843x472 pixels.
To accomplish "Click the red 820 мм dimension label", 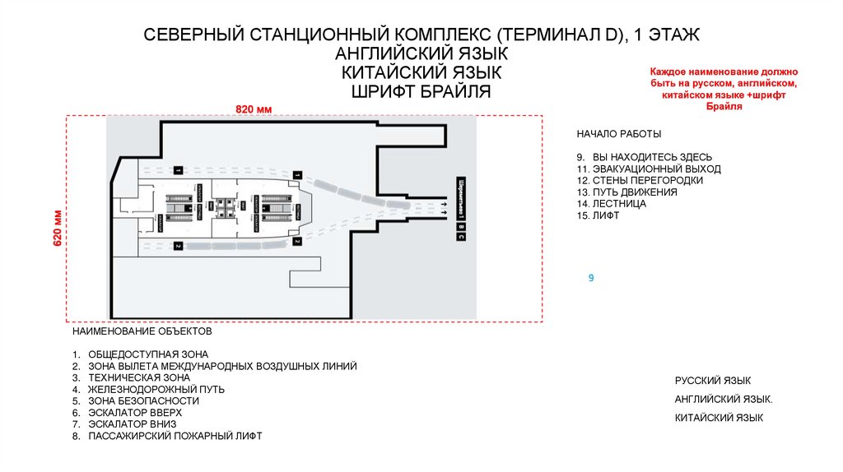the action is point(254,109).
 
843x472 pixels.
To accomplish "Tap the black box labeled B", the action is point(462,225).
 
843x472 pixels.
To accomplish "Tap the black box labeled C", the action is point(462,237).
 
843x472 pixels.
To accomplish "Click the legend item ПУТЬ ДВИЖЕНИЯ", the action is point(626,192).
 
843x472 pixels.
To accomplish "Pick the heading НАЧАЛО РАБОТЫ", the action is point(618,134).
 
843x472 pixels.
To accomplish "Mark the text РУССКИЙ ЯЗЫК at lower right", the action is point(712,381).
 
